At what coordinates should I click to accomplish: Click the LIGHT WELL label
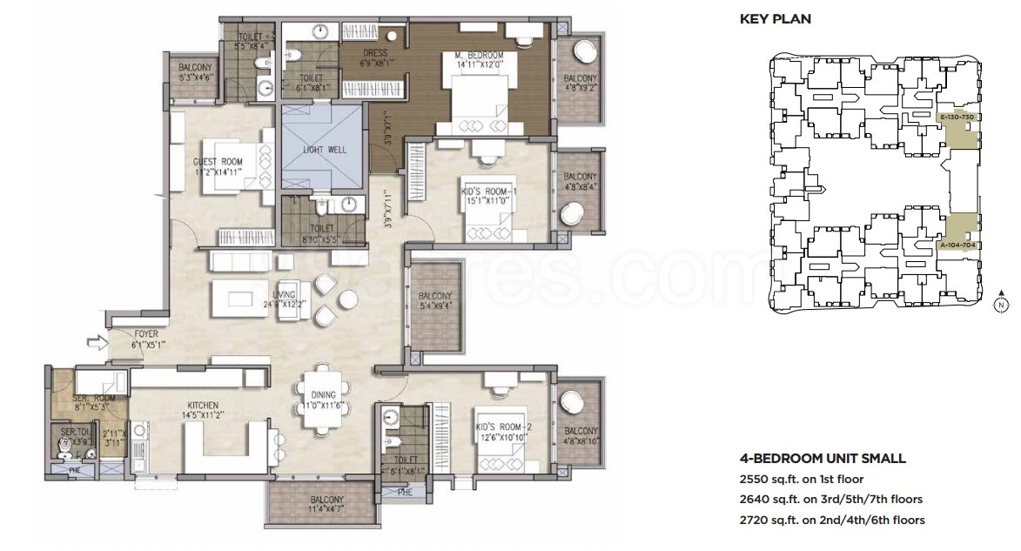pyautogui.click(x=324, y=150)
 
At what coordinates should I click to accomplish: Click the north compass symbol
pyautogui.click(x=1001, y=304)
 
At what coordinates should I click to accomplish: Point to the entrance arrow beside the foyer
pyautogui.click(x=95, y=344)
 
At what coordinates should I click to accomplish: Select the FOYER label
pyautogui.click(x=146, y=333)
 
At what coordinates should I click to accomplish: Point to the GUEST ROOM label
pyautogui.click(x=218, y=161)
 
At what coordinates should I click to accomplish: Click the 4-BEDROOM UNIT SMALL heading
pyautogui.click(x=823, y=458)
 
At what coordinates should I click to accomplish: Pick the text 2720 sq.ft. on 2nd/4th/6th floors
pyautogui.click(x=832, y=521)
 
